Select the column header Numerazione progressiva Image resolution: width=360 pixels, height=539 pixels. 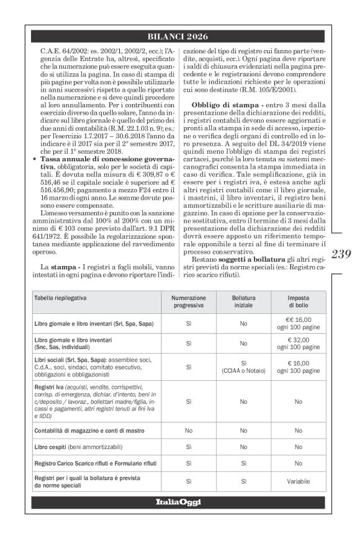pyautogui.click(x=188, y=302)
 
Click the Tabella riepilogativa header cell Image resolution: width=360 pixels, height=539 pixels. pyautogui.click(x=60, y=298)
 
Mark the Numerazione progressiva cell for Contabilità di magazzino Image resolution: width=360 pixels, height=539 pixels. pyautogui.click(x=188, y=429)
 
